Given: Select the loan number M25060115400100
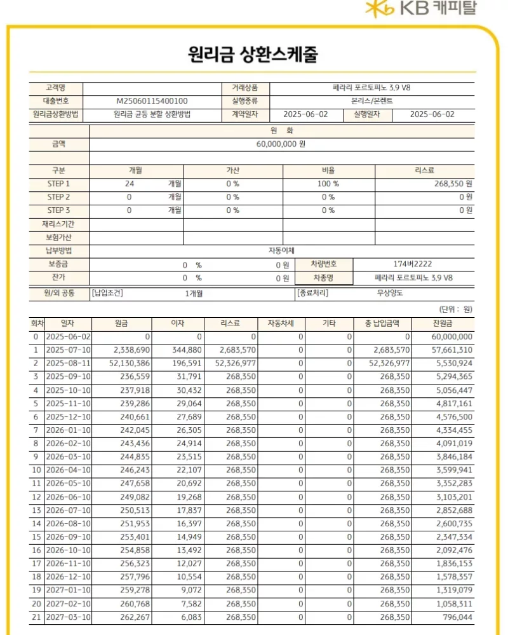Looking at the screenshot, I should (152, 101).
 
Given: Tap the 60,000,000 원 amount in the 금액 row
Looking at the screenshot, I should (281, 144).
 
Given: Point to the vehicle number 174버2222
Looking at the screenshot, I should (413, 264).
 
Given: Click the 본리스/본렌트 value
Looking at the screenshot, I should (372, 101).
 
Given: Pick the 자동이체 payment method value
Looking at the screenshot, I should (281, 250).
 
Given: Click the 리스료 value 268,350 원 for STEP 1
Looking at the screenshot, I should (452, 184).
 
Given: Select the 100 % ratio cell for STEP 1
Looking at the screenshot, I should (328, 184).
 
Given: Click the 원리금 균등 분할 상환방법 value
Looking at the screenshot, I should (152, 115).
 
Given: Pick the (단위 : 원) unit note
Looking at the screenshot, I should (455, 310).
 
